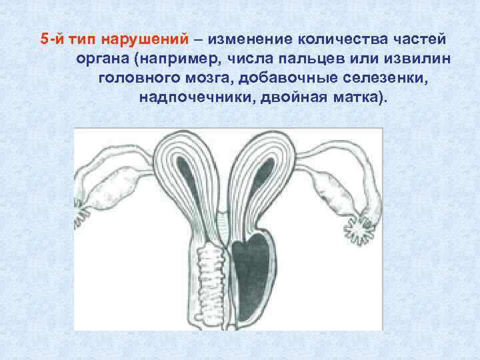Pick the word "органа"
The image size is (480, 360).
[106, 59]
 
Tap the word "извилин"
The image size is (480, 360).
[417, 59]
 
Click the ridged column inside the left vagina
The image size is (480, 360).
[213, 280]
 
